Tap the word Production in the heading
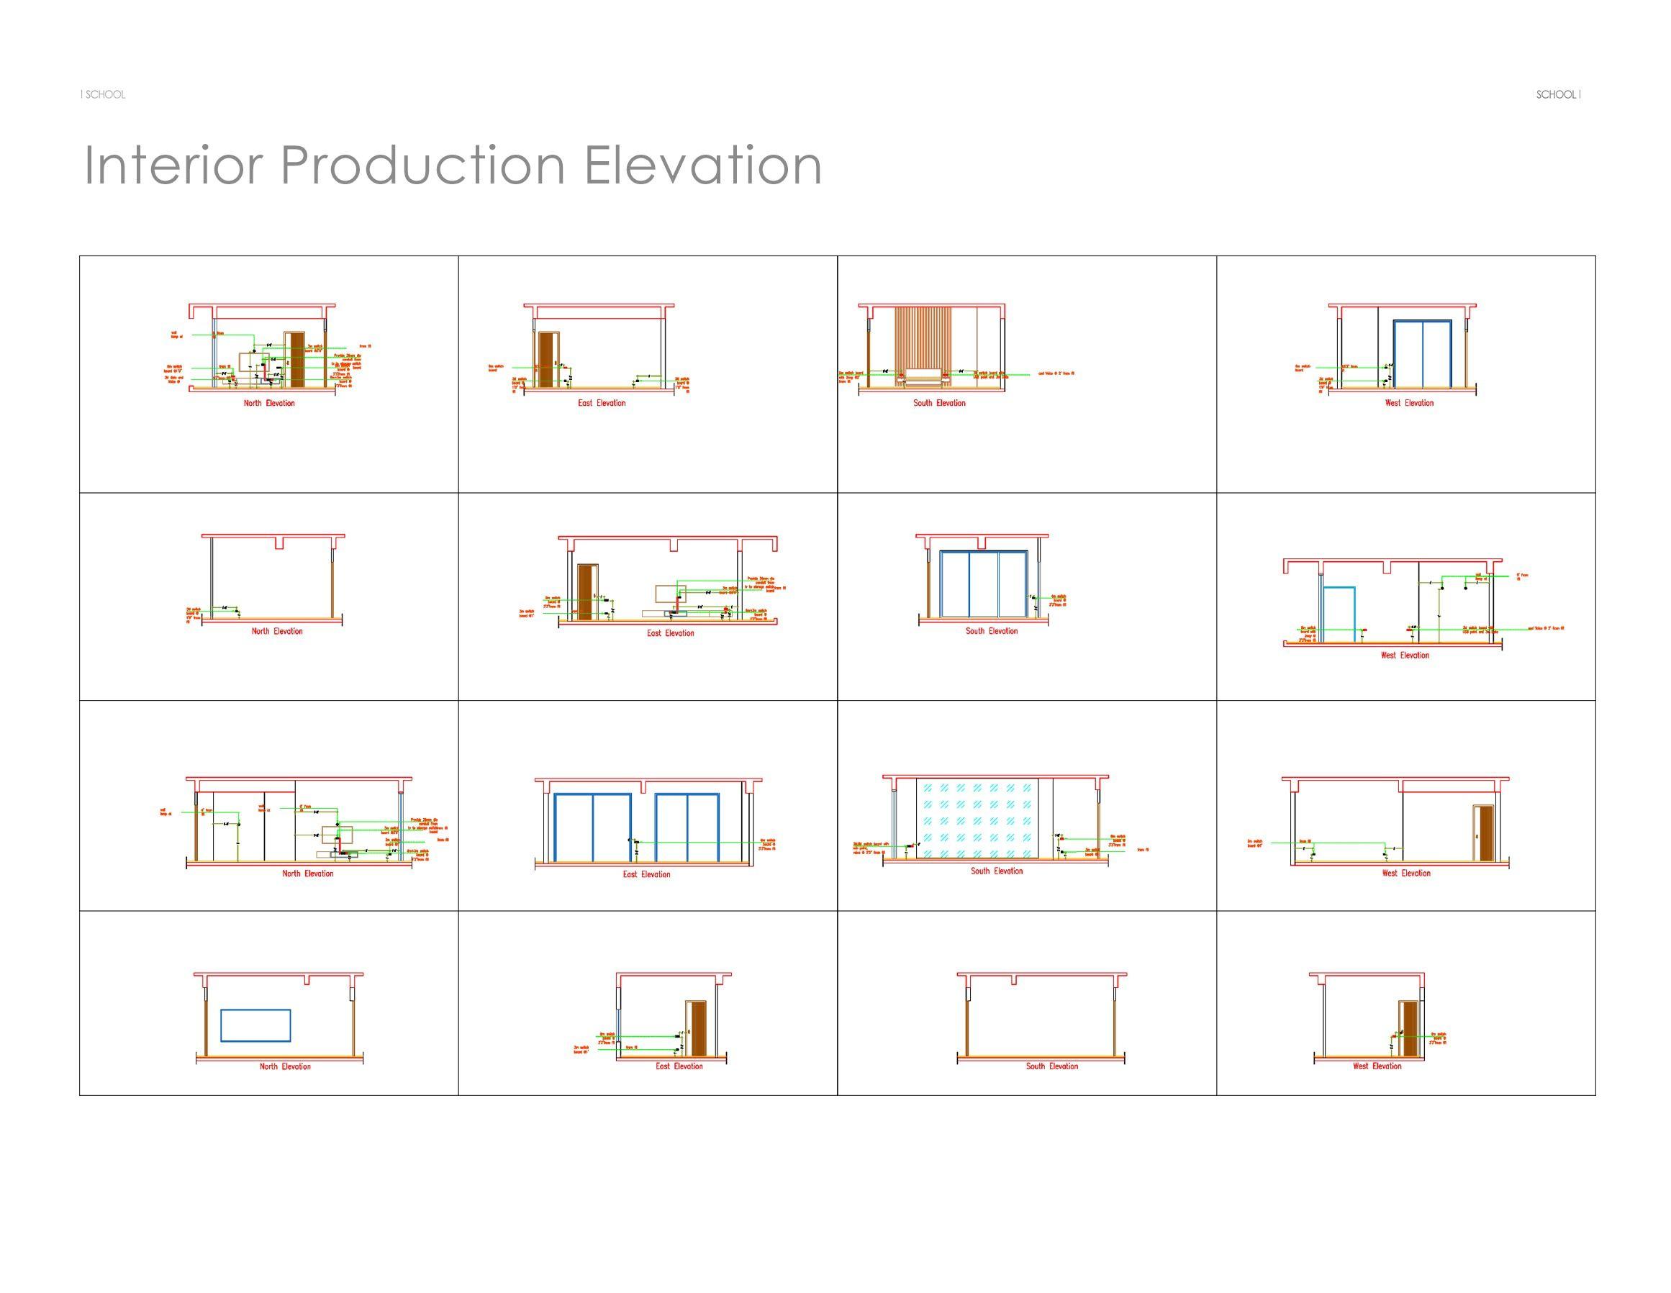tap(423, 165)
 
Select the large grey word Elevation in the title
tap(702, 165)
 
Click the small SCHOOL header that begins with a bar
tap(104, 95)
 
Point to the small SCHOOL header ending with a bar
tap(1558, 95)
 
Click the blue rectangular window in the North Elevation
tap(255, 1025)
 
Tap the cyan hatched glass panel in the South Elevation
tap(977, 818)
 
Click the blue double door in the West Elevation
tap(1422, 354)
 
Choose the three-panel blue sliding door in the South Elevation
tap(983, 584)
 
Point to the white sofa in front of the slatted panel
tap(923, 376)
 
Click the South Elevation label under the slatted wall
tap(939, 403)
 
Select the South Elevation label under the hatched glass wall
tap(996, 871)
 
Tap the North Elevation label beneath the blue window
tap(285, 1066)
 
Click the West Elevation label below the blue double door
tap(1408, 403)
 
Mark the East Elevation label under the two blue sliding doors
tap(646, 874)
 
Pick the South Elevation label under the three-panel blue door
tap(991, 631)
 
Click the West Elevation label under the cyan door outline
tap(1404, 655)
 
